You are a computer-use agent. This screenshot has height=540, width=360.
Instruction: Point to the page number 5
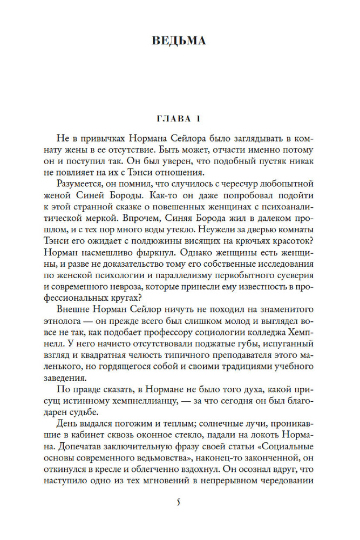click(179, 503)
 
